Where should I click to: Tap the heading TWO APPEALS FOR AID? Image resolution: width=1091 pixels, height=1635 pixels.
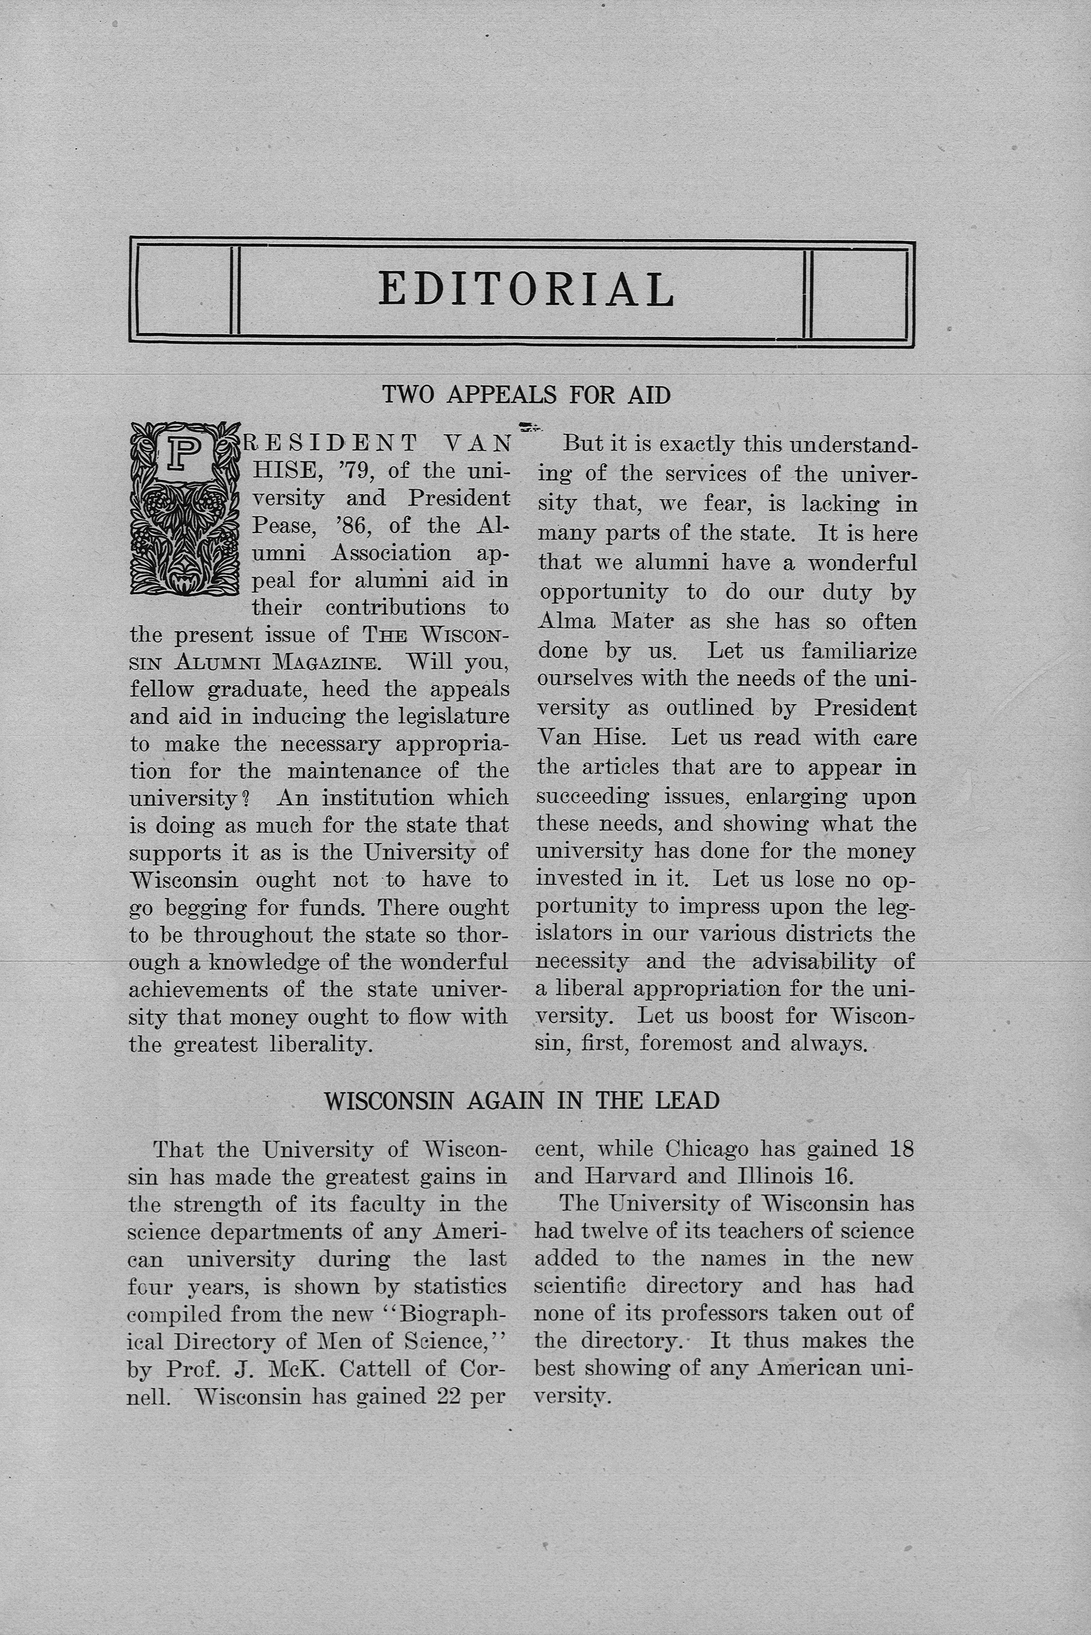526,395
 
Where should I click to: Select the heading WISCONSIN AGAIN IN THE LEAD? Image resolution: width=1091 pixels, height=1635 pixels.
522,1100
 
